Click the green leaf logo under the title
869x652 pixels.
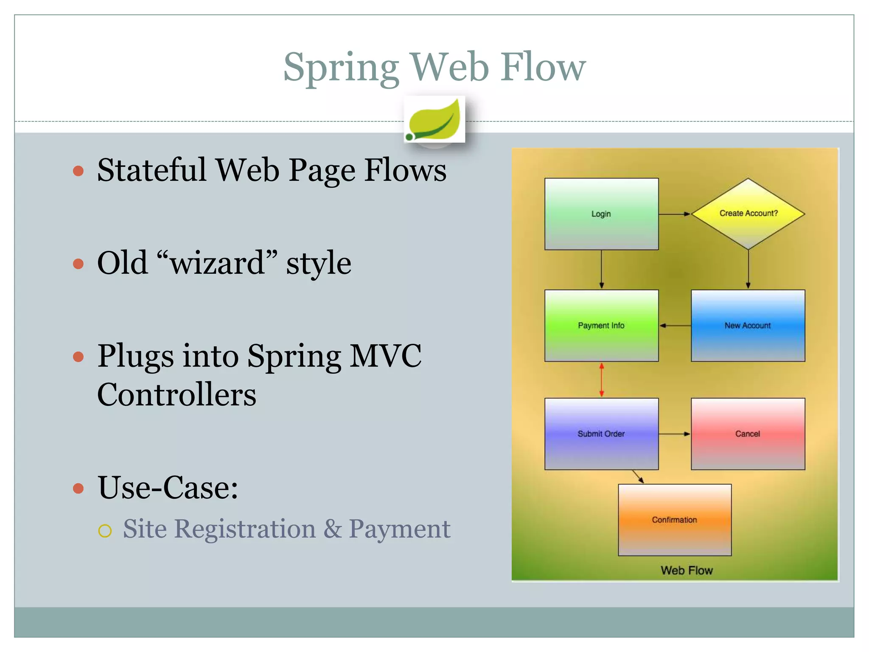click(x=434, y=120)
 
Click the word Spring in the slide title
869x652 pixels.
click(x=341, y=68)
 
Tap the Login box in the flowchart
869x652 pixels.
click(x=601, y=214)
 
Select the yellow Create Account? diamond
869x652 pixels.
click(x=748, y=214)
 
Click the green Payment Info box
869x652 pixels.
click(x=601, y=326)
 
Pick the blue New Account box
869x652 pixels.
click(x=748, y=326)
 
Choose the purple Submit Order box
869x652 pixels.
click(x=601, y=434)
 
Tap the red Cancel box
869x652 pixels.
click(x=748, y=434)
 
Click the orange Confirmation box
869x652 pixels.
click(x=675, y=520)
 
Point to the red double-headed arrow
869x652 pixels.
click(x=601, y=380)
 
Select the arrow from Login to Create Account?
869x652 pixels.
click(x=675, y=214)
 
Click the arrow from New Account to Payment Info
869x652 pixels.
click(x=675, y=326)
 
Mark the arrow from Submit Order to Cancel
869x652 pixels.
click(x=675, y=434)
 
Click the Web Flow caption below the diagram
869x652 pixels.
click(x=687, y=570)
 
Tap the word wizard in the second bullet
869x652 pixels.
click(x=217, y=263)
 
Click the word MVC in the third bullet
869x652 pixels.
click(x=385, y=356)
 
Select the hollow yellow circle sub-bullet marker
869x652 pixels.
click(x=105, y=531)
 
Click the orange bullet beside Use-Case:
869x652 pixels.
click(x=78, y=488)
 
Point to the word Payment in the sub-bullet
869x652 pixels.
click(x=399, y=529)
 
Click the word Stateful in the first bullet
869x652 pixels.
click(x=152, y=170)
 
